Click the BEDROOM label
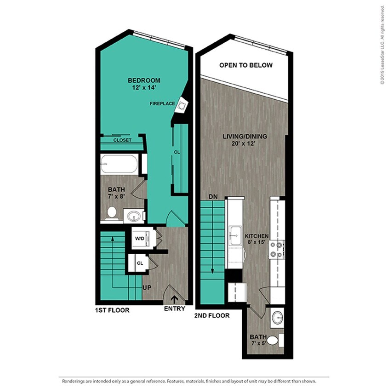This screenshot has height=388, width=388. tap(144, 80)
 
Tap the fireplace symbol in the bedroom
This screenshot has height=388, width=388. tap(183, 106)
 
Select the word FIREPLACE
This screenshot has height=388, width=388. tap(162, 104)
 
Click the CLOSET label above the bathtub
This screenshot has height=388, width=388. tap(122, 140)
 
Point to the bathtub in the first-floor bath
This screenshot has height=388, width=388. tap(119, 163)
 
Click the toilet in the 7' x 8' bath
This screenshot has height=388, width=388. tap(111, 212)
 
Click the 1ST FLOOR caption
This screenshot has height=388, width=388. tap(113, 310)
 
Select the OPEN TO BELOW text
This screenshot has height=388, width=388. tap(245, 65)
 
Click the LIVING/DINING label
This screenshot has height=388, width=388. tap(245, 137)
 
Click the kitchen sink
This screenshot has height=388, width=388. tap(236, 236)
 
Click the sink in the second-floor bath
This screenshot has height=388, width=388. tap(277, 317)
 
